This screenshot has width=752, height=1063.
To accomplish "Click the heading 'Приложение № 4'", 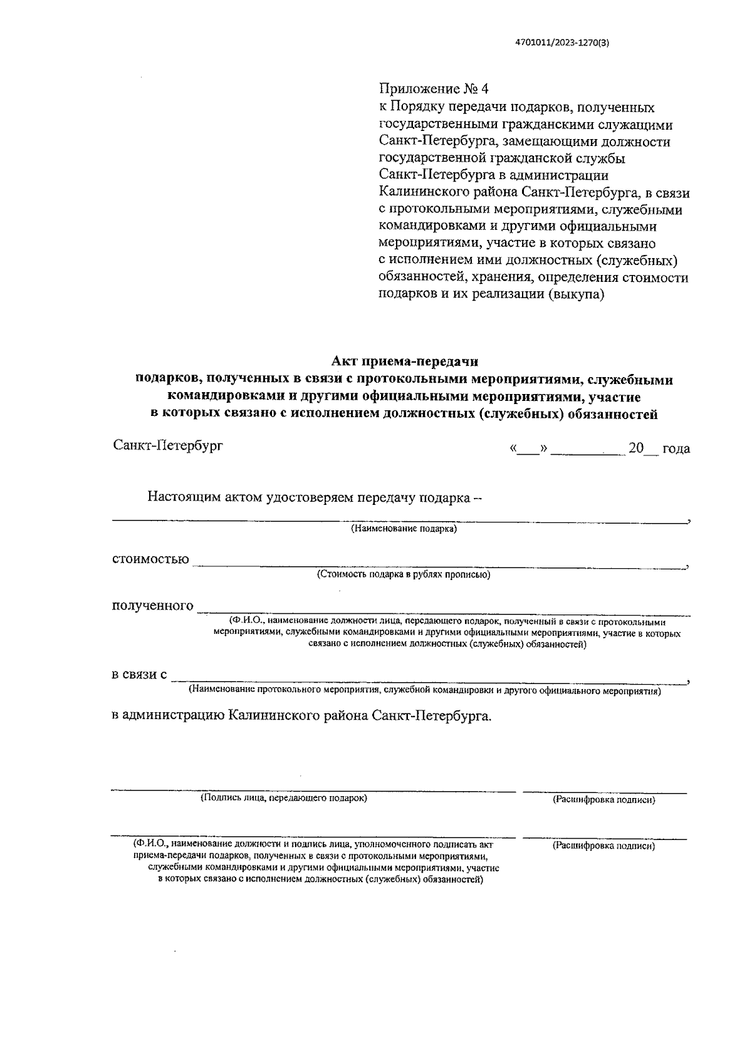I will [434, 90].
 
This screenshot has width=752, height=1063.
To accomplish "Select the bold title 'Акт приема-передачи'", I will [404, 361].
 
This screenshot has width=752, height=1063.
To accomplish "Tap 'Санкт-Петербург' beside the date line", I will [168, 446].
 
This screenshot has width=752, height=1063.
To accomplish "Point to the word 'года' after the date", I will [676, 449].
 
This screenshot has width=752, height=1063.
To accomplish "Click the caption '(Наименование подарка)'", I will [404, 529].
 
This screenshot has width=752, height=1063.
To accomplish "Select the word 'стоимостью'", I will [150, 559].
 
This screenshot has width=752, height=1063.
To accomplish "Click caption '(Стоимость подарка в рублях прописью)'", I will [404, 574].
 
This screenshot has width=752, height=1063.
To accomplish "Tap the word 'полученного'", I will [152, 605].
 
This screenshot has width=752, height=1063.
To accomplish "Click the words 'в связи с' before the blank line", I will [139, 675].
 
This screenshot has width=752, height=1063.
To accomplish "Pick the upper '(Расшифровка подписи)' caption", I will [603, 800].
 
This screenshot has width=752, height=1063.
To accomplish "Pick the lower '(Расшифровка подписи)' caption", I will [603, 846].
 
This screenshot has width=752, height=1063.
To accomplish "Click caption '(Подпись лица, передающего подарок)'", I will [284, 798].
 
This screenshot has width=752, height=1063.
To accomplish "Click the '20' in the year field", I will [636, 449].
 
